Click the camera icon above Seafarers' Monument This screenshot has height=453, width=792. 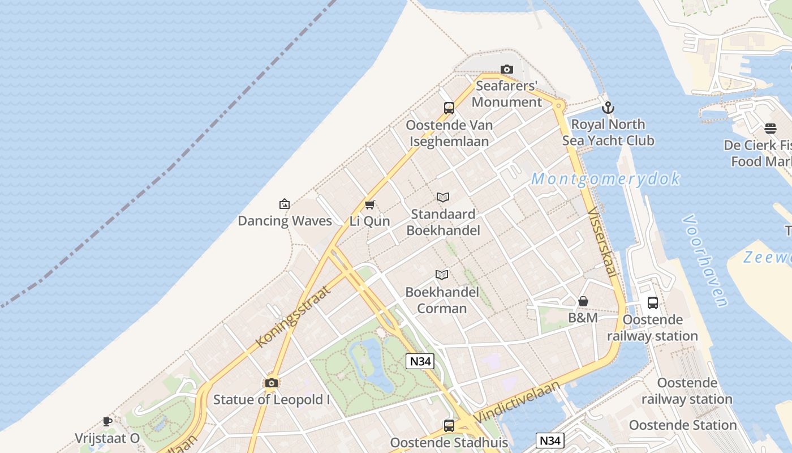tap(507, 70)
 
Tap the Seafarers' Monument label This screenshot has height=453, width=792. tap(507, 94)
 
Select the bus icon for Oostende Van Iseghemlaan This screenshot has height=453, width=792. tap(449, 108)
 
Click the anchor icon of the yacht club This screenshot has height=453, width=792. tap(608, 107)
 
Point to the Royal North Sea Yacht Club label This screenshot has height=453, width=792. tap(608, 132)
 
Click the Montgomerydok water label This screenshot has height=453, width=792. tap(605, 179)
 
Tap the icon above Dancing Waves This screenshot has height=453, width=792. tap(285, 204)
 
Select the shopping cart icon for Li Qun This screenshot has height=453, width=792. tap(370, 204)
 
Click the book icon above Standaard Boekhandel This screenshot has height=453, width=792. tap(443, 197)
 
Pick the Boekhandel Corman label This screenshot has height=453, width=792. tap(442, 300)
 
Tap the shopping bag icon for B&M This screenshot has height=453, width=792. tap(583, 301)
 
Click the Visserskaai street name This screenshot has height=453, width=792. tap(602, 243)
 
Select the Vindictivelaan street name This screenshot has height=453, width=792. tap(517, 401)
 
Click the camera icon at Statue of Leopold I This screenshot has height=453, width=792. tap(272, 383)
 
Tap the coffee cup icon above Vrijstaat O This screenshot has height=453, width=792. tap(107, 421)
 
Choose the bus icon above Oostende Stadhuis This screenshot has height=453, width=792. tap(449, 425)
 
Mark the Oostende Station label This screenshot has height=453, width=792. tap(683, 425)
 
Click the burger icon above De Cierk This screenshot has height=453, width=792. tap(771, 129)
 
